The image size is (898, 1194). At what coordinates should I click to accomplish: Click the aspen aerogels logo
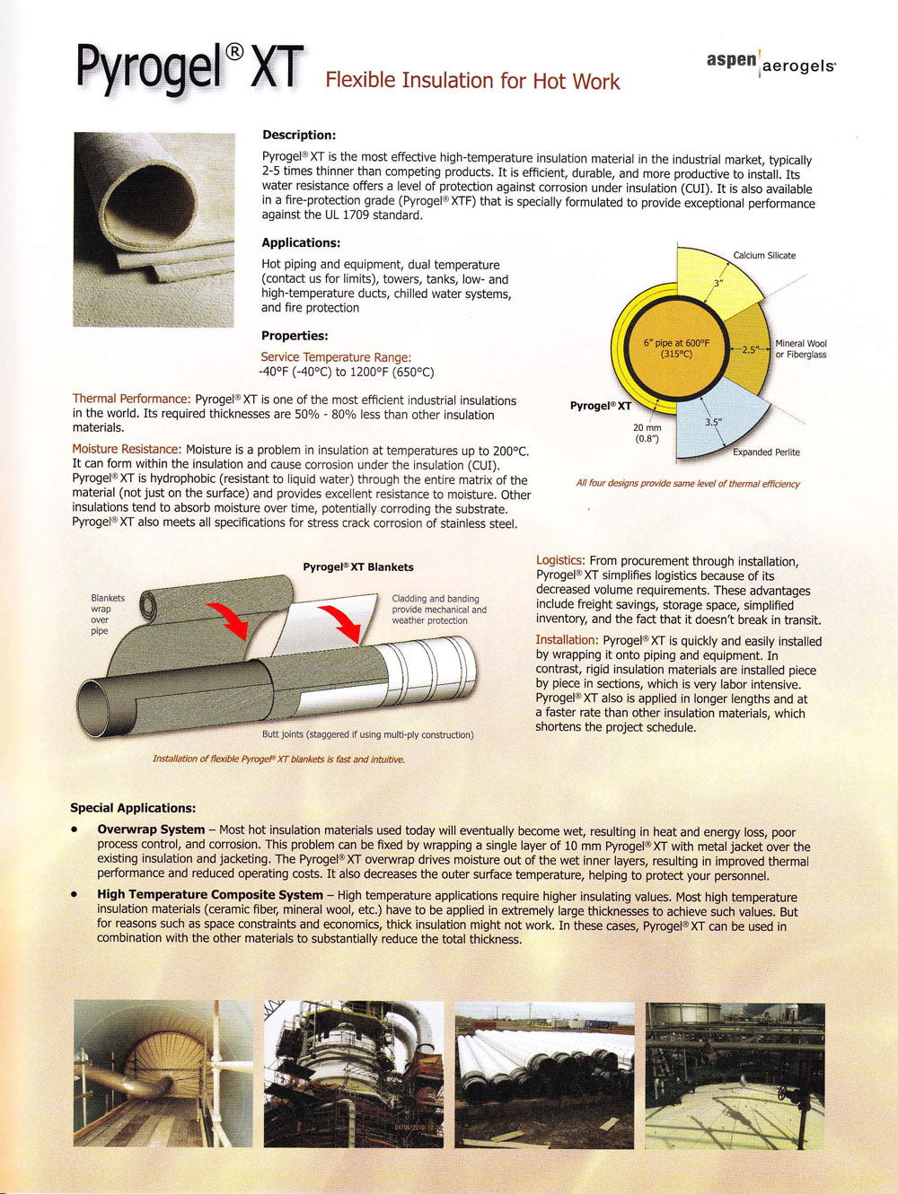pyautogui.click(x=770, y=62)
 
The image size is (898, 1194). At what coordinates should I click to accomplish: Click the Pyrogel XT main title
pyautogui.click(x=189, y=67)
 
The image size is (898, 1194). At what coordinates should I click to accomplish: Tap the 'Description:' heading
pyautogui.click(x=298, y=135)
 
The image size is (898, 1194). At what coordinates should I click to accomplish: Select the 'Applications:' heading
pyautogui.click(x=301, y=242)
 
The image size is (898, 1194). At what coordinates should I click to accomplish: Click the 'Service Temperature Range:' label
pyautogui.click(x=336, y=356)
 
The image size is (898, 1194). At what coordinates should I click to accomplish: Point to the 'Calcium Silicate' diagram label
pyautogui.click(x=764, y=255)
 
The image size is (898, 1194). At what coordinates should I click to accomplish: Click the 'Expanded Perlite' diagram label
pyautogui.click(x=766, y=452)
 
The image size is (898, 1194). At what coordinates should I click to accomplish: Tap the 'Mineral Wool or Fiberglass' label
pyautogui.click(x=801, y=348)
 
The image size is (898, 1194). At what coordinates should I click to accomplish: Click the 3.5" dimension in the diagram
pyautogui.click(x=714, y=422)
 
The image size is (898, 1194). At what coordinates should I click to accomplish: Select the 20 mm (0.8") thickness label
pyautogui.click(x=647, y=434)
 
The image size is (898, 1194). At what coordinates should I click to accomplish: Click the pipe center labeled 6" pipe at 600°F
pyautogui.click(x=676, y=348)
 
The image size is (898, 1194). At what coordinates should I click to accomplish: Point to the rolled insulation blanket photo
pyautogui.click(x=154, y=229)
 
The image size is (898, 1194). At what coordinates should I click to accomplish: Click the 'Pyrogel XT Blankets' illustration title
pyautogui.click(x=358, y=566)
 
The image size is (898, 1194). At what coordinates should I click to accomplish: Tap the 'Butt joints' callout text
pyautogui.click(x=367, y=734)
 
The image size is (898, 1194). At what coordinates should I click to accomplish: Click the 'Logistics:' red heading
pyautogui.click(x=560, y=560)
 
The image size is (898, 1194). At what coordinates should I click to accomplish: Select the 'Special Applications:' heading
pyautogui.click(x=133, y=808)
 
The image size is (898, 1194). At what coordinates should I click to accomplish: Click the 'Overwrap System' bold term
pyautogui.click(x=151, y=830)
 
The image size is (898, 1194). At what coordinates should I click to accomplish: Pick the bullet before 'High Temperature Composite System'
pyautogui.click(x=75, y=894)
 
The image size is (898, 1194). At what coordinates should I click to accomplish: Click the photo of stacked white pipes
pyautogui.click(x=543, y=1075)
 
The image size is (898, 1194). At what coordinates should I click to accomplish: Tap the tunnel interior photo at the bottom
pyautogui.click(x=163, y=1075)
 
